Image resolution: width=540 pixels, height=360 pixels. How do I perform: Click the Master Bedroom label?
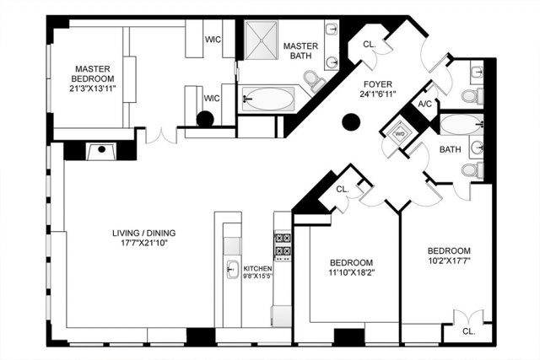pos(92,73)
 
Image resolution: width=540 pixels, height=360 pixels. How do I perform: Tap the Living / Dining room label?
pos(144,233)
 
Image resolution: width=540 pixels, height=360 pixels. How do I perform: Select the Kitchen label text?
pos(257,268)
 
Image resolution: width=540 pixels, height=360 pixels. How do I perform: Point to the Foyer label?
pos(378,84)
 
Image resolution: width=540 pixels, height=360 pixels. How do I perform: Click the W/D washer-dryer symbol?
pos(400,133)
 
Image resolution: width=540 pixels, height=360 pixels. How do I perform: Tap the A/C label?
pos(424,104)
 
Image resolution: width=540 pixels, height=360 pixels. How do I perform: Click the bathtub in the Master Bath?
pos(268,99)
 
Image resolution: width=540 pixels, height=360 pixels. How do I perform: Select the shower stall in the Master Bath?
pos(261,40)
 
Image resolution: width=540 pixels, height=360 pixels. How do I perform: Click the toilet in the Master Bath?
pos(314,81)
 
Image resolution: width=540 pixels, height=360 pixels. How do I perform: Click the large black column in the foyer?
pos(351,122)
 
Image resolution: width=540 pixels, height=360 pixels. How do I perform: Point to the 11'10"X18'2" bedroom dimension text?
pos(351,272)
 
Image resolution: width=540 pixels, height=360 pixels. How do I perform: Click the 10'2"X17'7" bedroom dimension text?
pos(449,261)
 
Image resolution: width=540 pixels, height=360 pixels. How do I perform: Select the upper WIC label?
pos(213,40)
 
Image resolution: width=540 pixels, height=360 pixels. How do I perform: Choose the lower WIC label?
pos(212,99)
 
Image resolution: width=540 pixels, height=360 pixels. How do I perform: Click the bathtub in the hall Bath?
pos(462,125)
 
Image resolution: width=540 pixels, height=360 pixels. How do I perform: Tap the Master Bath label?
pos(300,51)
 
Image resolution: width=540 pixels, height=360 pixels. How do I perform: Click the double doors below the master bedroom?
pos(161,135)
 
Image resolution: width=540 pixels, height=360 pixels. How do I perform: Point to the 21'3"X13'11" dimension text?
pos(92,89)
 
